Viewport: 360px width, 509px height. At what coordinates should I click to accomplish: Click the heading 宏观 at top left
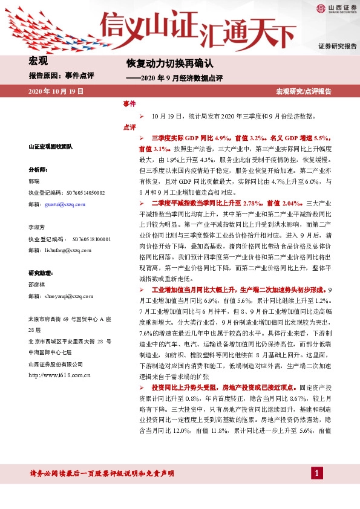point(38,60)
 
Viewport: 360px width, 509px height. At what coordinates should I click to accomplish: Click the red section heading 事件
point(129,104)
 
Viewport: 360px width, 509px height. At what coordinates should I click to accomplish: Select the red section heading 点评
point(129,127)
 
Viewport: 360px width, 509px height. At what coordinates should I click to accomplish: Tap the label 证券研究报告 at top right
point(337,46)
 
